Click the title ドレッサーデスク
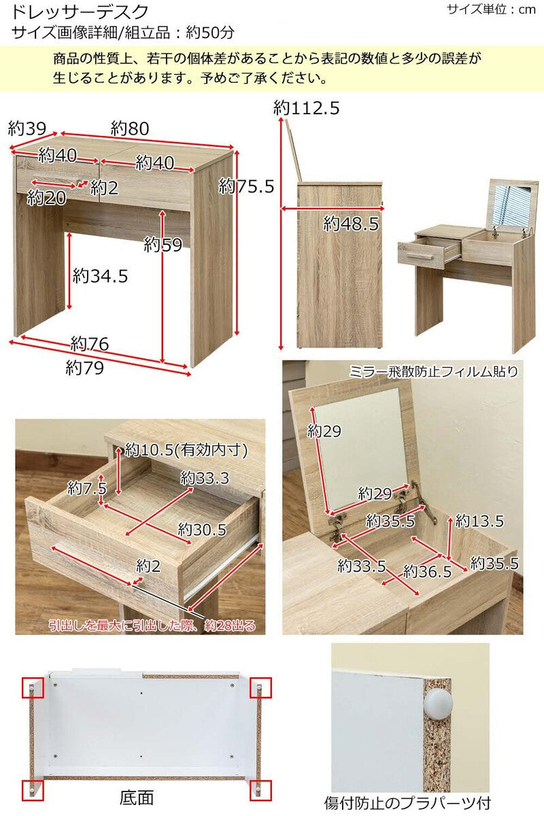click(x=80, y=12)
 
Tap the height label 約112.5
click(x=307, y=108)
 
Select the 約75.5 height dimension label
click(x=246, y=186)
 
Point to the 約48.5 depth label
click(x=351, y=223)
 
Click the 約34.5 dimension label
click(x=100, y=276)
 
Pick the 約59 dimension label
click(x=163, y=244)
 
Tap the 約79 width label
click(x=84, y=368)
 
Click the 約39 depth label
click(x=27, y=129)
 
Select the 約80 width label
click(x=130, y=129)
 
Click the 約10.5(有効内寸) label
click(x=186, y=450)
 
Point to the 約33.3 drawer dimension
click(x=205, y=478)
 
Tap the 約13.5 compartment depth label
click(x=479, y=521)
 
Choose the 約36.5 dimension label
click(x=427, y=571)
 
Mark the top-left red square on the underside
click(x=33, y=687)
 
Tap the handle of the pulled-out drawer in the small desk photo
click(x=420, y=257)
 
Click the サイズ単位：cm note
click(x=491, y=10)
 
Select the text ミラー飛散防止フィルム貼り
click(x=434, y=371)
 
